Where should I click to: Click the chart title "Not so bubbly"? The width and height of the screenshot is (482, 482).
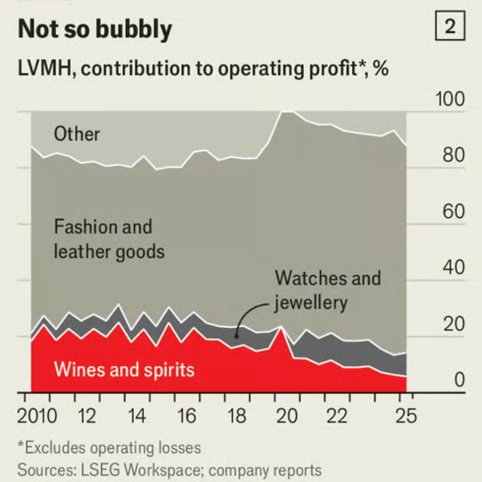(x=95, y=30)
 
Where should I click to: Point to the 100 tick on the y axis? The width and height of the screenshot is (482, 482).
(x=450, y=100)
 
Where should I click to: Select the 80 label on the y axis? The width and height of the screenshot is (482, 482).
(x=452, y=156)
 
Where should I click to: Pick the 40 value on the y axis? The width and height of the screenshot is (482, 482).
(x=452, y=268)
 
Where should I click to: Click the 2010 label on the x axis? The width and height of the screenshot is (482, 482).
(x=37, y=416)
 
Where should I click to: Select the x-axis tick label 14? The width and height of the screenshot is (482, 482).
(x=136, y=416)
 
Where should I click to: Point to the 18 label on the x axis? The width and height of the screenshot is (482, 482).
(x=237, y=416)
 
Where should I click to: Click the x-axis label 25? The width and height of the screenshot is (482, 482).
(x=406, y=416)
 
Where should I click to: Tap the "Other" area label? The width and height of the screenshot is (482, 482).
(x=77, y=134)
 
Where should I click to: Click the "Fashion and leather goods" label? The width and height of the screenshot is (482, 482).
(x=109, y=239)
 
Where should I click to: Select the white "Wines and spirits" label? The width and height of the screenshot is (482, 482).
(x=124, y=370)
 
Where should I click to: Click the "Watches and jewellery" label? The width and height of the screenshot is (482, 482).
(x=328, y=290)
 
